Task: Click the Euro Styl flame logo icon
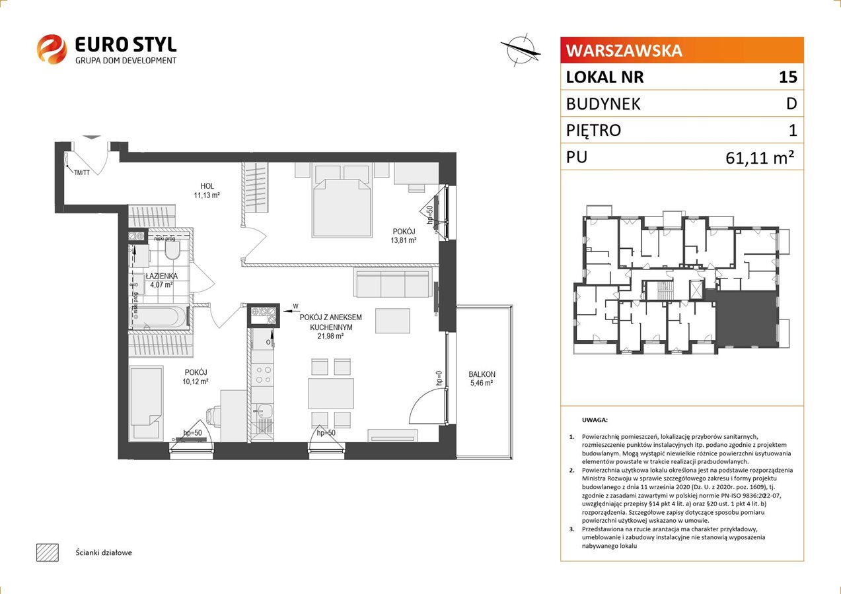point(52,49)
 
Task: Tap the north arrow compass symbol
point(521,50)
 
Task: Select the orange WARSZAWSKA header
point(682,50)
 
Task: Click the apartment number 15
point(787,77)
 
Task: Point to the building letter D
point(791,104)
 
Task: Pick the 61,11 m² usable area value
point(760,158)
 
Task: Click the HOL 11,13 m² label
point(207,191)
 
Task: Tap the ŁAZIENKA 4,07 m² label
point(161,280)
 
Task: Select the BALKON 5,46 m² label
point(482,378)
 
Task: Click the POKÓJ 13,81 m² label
point(404,236)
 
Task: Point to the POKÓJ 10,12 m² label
point(196,377)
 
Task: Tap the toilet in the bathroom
point(172,249)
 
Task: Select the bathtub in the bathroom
point(159,317)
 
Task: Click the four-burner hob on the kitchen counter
point(264,375)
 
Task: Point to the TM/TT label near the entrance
point(82,173)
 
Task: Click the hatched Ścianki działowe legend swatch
point(48,552)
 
